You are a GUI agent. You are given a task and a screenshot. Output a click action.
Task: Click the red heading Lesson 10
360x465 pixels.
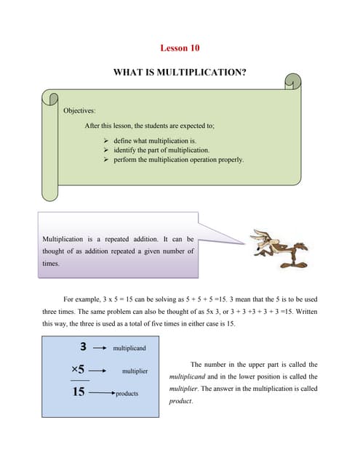(180, 49)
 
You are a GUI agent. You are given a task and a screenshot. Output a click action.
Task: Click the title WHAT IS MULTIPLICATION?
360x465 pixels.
(180, 73)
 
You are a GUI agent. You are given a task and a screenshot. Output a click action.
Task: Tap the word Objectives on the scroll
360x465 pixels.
(80, 110)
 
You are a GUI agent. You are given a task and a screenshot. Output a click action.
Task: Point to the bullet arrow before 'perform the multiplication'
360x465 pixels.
(106, 160)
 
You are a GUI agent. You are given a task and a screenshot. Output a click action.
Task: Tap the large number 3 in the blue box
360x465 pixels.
(84, 347)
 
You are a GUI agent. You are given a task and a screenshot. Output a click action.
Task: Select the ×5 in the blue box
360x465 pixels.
(80, 370)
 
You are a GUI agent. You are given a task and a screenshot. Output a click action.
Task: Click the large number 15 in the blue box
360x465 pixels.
(79, 392)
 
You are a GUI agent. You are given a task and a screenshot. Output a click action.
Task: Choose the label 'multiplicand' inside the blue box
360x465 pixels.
(129, 348)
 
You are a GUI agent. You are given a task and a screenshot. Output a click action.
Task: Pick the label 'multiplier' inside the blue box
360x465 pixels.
(135, 371)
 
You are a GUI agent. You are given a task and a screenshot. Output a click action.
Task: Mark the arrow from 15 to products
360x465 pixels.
(102, 393)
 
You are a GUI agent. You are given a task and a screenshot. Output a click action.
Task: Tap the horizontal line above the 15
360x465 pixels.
(80, 380)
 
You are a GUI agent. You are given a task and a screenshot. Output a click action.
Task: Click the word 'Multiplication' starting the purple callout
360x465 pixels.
(64, 238)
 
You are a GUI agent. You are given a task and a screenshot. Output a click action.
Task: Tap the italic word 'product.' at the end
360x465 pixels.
(182, 401)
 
